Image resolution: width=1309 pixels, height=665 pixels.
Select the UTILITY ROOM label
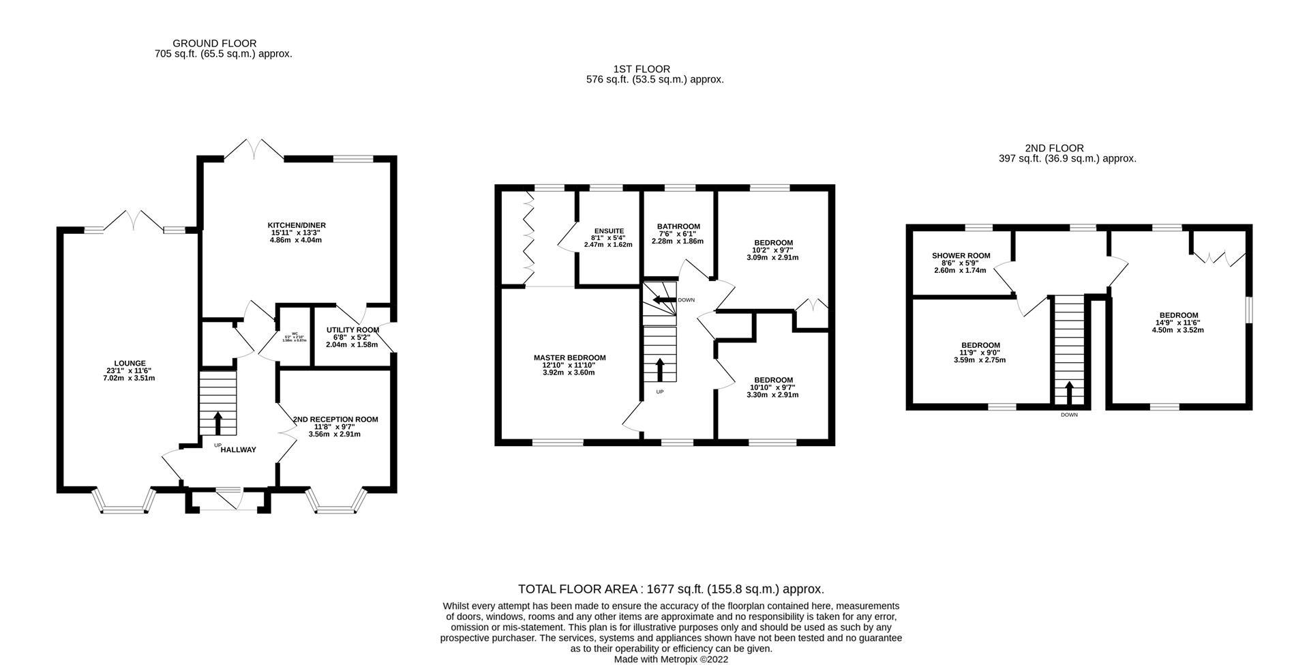pos(352,330)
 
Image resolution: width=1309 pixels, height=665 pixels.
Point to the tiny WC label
pos(295,334)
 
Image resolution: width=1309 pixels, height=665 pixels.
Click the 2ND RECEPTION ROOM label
pos(335,419)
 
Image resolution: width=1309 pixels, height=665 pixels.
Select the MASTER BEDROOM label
pos(569,357)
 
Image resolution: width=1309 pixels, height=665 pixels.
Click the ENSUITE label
pos(609,231)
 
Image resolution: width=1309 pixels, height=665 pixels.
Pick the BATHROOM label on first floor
pos(678,226)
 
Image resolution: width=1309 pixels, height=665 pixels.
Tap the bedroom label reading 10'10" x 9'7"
pos(773,380)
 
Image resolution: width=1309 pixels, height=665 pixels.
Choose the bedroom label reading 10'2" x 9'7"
pos(773,243)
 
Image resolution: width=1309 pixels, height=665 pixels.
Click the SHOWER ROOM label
pos(961,256)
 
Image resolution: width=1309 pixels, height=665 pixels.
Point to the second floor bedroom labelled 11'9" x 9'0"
pos(980,345)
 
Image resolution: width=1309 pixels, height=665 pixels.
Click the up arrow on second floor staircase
pos(1068,394)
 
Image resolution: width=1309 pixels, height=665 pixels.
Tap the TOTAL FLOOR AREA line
pos(671,589)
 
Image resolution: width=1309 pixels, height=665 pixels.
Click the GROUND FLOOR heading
pos(215,44)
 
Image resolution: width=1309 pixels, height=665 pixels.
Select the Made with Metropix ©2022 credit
pos(671,660)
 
